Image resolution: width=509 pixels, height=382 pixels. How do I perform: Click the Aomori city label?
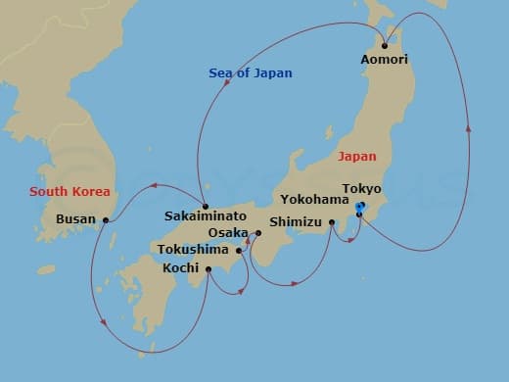click(385, 60)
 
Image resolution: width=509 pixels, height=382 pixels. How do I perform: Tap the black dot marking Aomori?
click(385, 45)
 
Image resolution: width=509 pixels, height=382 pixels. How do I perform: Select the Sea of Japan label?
click(251, 73)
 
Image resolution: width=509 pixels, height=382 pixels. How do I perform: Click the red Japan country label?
click(356, 156)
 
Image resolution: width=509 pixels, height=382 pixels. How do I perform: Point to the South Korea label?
click(69, 191)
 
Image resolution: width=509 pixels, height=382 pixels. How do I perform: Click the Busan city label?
click(76, 219)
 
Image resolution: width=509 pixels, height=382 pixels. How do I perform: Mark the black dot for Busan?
click(105, 219)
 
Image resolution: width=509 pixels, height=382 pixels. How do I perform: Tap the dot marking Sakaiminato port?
click(206, 207)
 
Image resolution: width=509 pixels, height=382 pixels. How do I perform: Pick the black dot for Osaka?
click(257, 233)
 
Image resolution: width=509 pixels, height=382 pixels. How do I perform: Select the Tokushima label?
click(194, 250)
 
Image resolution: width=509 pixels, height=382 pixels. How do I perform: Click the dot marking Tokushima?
click(239, 250)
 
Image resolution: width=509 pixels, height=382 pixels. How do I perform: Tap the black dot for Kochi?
click(208, 267)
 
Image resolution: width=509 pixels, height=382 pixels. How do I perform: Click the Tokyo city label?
click(362, 189)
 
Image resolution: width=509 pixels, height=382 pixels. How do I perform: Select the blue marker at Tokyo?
click(360, 207)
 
